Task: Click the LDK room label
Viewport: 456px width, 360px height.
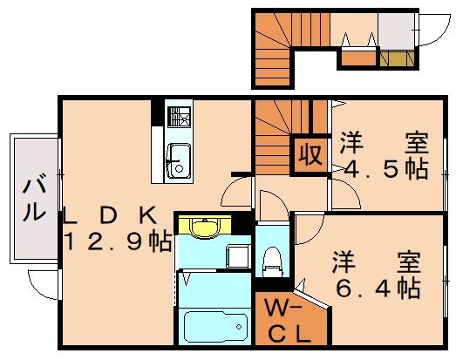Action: [109, 214]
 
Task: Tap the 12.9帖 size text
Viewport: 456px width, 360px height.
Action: [116, 242]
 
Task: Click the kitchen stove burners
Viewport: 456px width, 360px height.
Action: [180, 118]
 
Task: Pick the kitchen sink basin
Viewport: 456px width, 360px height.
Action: [179, 161]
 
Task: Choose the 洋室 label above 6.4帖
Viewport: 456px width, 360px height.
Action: [376, 260]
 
